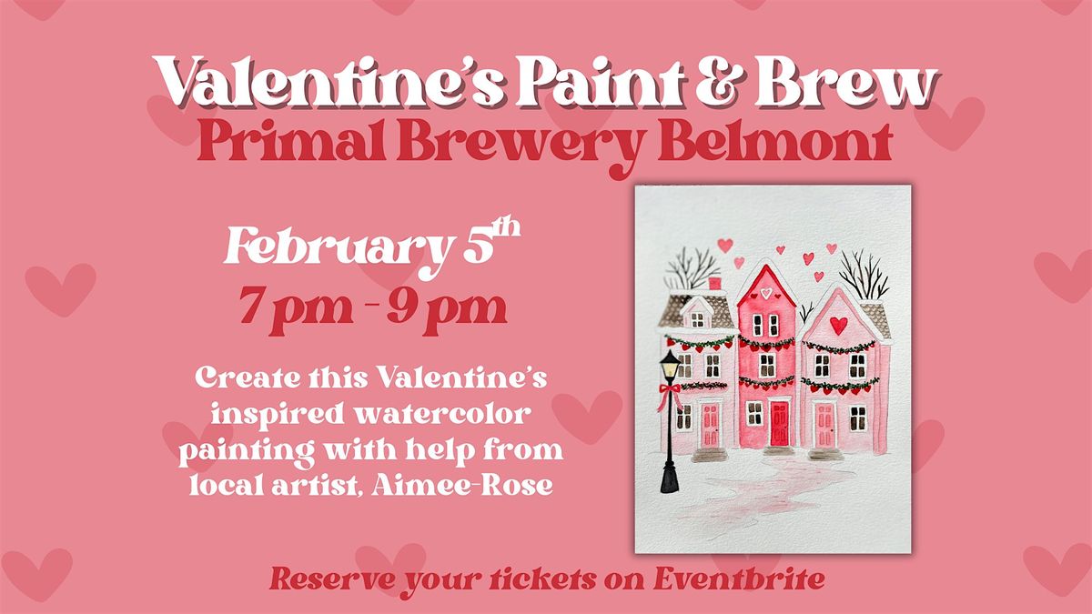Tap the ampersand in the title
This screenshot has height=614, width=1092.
click(x=719, y=81)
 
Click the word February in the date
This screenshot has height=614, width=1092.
click(x=338, y=249)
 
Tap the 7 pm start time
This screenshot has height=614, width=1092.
click(x=297, y=309)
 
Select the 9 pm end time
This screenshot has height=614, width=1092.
click(x=447, y=309)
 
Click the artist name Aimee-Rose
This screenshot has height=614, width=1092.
click(x=462, y=484)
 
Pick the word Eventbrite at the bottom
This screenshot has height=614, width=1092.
click(x=739, y=579)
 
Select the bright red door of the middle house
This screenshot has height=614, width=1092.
click(x=779, y=423)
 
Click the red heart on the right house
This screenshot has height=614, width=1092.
click(x=839, y=325)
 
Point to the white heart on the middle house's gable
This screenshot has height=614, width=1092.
click(x=766, y=292)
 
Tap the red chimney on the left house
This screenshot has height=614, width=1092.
click(x=714, y=284)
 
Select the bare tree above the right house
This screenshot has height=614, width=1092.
click(x=864, y=275)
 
